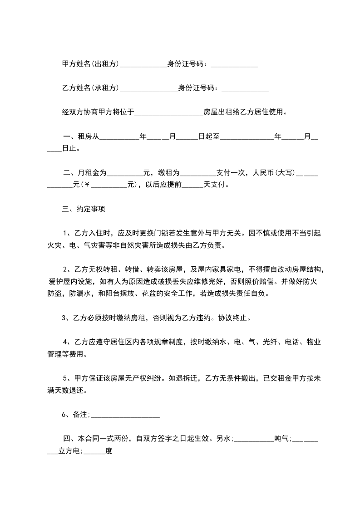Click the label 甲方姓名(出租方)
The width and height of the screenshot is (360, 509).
[x=90, y=64]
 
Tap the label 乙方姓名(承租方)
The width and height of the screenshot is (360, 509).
[x=90, y=88]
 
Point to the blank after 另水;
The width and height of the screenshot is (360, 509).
[x=254, y=440]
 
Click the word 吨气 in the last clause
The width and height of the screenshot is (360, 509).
[x=282, y=439]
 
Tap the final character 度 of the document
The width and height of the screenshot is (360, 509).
[x=108, y=451]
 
